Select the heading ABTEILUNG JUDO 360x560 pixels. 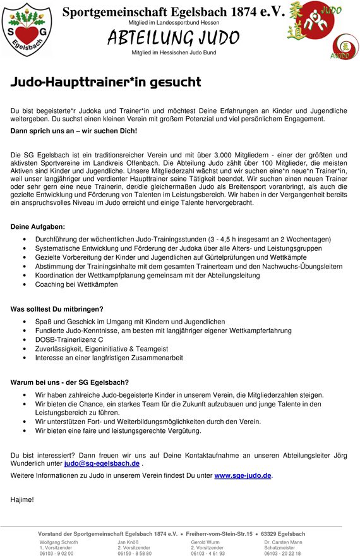click(x=173, y=38)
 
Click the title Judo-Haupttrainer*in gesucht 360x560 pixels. click(x=105, y=82)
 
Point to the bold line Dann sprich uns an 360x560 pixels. click(x=73, y=130)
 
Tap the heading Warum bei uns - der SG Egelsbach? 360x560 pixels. click(x=69, y=382)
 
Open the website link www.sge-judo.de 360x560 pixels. click(x=243, y=475)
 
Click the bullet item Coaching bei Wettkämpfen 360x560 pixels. click(x=76, y=284)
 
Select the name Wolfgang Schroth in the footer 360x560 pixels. click(x=59, y=542)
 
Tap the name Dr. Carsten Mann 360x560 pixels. click(x=283, y=542)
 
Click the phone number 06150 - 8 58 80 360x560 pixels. click(x=135, y=553)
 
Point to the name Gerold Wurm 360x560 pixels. click(x=205, y=542)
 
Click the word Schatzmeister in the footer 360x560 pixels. click(x=280, y=547)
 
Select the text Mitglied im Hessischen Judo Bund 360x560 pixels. click(x=174, y=52)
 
